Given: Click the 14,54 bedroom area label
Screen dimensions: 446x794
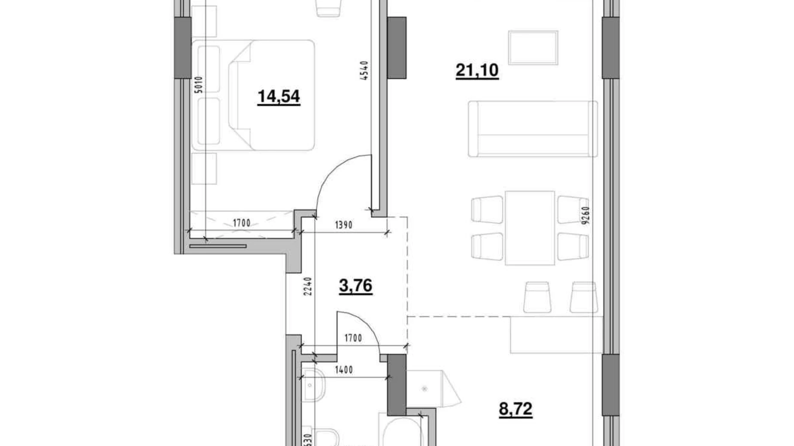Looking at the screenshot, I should pyautogui.click(x=279, y=96).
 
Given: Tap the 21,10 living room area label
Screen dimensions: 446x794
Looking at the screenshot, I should pyautogui.click(x=477, y=70).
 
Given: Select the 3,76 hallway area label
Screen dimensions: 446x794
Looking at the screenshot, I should pyautogui.click(x=355, y=286).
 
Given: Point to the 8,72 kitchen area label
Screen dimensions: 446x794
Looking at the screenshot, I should pyautogui.click(x=515, y=409).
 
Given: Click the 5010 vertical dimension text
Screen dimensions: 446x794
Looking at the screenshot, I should pyautogui.click(x=198, y=84).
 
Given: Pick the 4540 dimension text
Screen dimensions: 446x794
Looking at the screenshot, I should pyautogui.click(x=364, y=71).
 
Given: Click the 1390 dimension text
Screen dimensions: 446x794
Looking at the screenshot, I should pyautogui.click(x=343, y=225).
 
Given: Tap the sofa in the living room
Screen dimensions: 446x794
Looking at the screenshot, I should pyautogui.click(x=533, y=129).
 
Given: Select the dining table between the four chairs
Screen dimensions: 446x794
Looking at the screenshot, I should pyautogui.click(x=530, y=228).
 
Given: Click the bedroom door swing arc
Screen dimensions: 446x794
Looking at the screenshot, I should pyautogui.click(x=339, y=180).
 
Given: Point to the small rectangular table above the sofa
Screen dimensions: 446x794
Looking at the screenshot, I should pyautogui.click(x=533, y=48).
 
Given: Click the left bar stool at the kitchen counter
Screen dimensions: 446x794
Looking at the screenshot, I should pyautogui.click(x=537, y=297).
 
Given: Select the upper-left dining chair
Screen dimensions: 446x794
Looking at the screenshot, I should pyautogui.click(x=487, y=209).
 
